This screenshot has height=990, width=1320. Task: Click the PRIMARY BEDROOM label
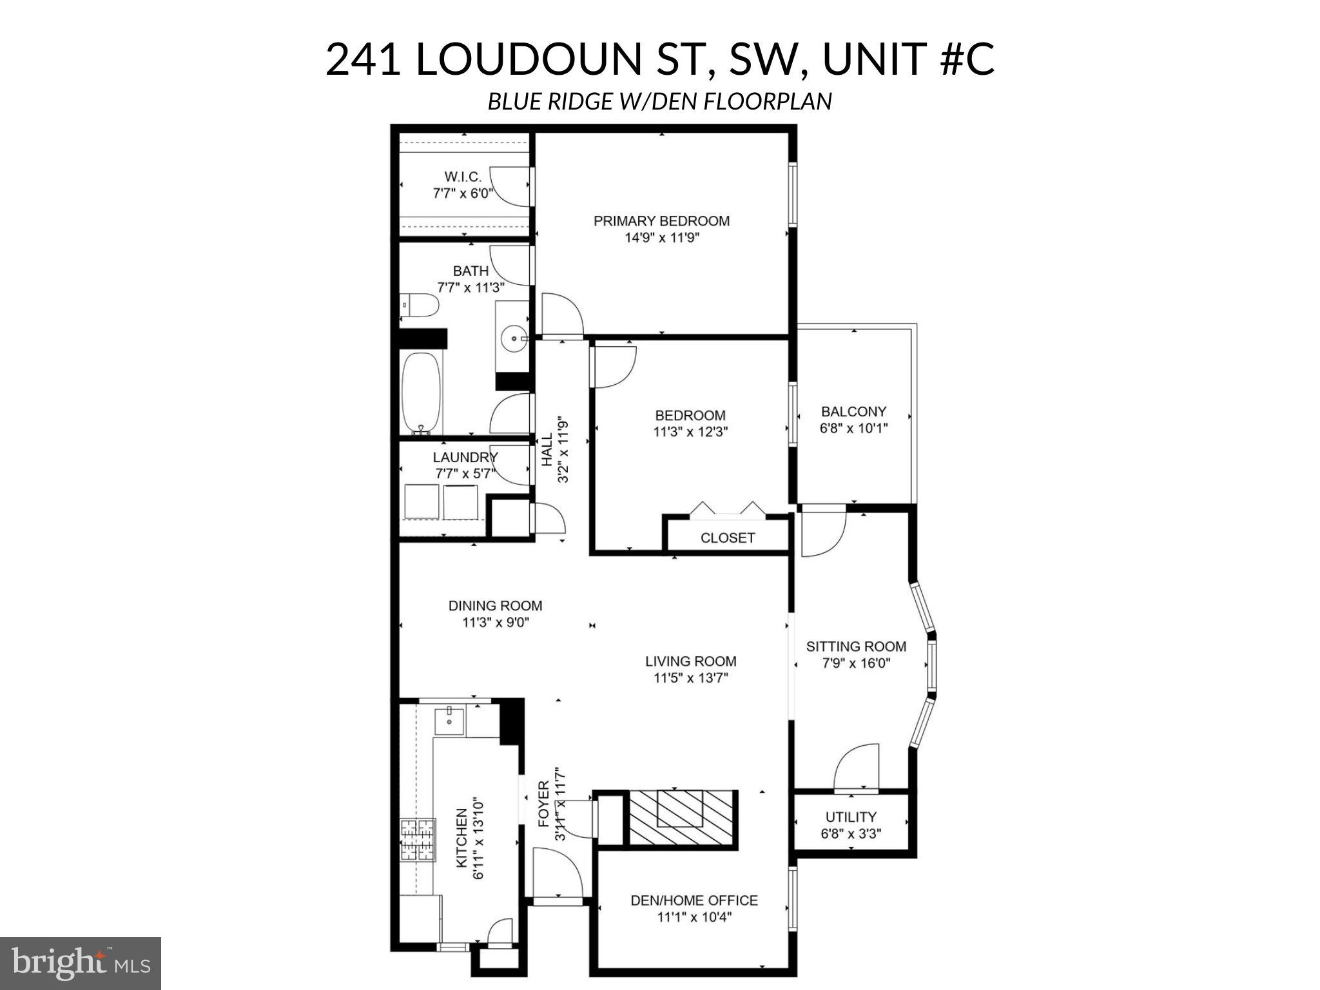click(661, 221)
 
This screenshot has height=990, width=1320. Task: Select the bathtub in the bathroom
click(422, 393)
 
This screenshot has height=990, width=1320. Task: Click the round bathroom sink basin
click(512, 337)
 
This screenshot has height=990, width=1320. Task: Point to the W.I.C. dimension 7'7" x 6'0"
click(463, 193)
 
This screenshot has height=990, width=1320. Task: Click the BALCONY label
click(853, 411)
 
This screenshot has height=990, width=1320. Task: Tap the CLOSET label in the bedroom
click(727, 538)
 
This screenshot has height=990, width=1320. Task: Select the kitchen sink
click(449, 720)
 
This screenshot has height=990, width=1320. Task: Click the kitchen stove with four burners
click(418, 839)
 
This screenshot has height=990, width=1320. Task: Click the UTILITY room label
click(851, 817)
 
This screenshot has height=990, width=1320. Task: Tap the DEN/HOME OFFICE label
click(694, 900)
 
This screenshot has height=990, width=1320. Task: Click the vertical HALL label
click(547, 449)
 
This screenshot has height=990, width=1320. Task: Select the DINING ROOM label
click(495, 606)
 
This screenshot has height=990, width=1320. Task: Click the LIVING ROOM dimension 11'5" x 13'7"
click(690, 678)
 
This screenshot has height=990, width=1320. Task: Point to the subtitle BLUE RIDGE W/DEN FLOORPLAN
click(659, 102)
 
